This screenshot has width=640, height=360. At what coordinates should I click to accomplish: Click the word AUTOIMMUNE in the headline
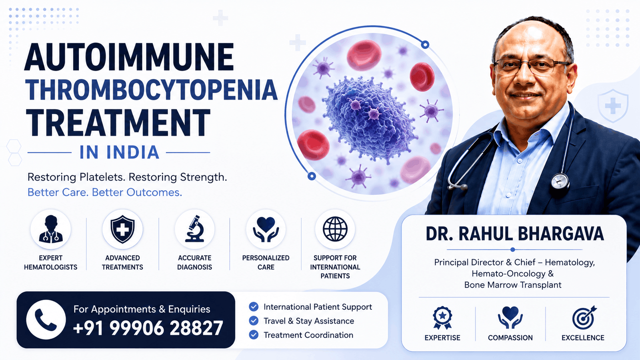(130, 57)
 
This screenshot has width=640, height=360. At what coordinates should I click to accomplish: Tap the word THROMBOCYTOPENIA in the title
(152, 90)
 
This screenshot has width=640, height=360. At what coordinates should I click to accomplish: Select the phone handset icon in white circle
(46, 320)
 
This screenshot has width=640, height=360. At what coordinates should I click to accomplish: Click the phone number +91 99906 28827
(148, 328)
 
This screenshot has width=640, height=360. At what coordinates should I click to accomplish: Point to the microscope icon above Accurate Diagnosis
(194, 229)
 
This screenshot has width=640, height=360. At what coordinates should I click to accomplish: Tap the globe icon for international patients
(335, 229)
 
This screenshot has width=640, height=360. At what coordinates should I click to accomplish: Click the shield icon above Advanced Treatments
(122, 229)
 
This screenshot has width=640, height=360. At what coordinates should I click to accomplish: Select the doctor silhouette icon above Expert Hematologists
(51, 229)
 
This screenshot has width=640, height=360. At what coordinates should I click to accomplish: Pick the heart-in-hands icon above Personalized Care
(266, 229)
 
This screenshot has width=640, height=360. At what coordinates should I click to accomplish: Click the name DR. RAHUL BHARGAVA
(515, 234)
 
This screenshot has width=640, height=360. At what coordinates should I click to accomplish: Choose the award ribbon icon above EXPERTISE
(442, 318)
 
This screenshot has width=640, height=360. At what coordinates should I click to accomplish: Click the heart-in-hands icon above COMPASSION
(510, 317)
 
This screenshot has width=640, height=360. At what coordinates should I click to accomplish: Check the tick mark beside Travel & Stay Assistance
(254, 321)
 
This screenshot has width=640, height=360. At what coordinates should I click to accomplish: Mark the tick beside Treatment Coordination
(254, 335)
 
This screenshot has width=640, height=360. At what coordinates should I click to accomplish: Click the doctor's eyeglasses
(532, 66)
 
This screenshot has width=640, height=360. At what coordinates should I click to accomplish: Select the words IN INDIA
(119, 152)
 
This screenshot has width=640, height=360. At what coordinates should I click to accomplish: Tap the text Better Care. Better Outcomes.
(104, 192)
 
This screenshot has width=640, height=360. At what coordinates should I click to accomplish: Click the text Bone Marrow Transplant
(513, 285)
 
